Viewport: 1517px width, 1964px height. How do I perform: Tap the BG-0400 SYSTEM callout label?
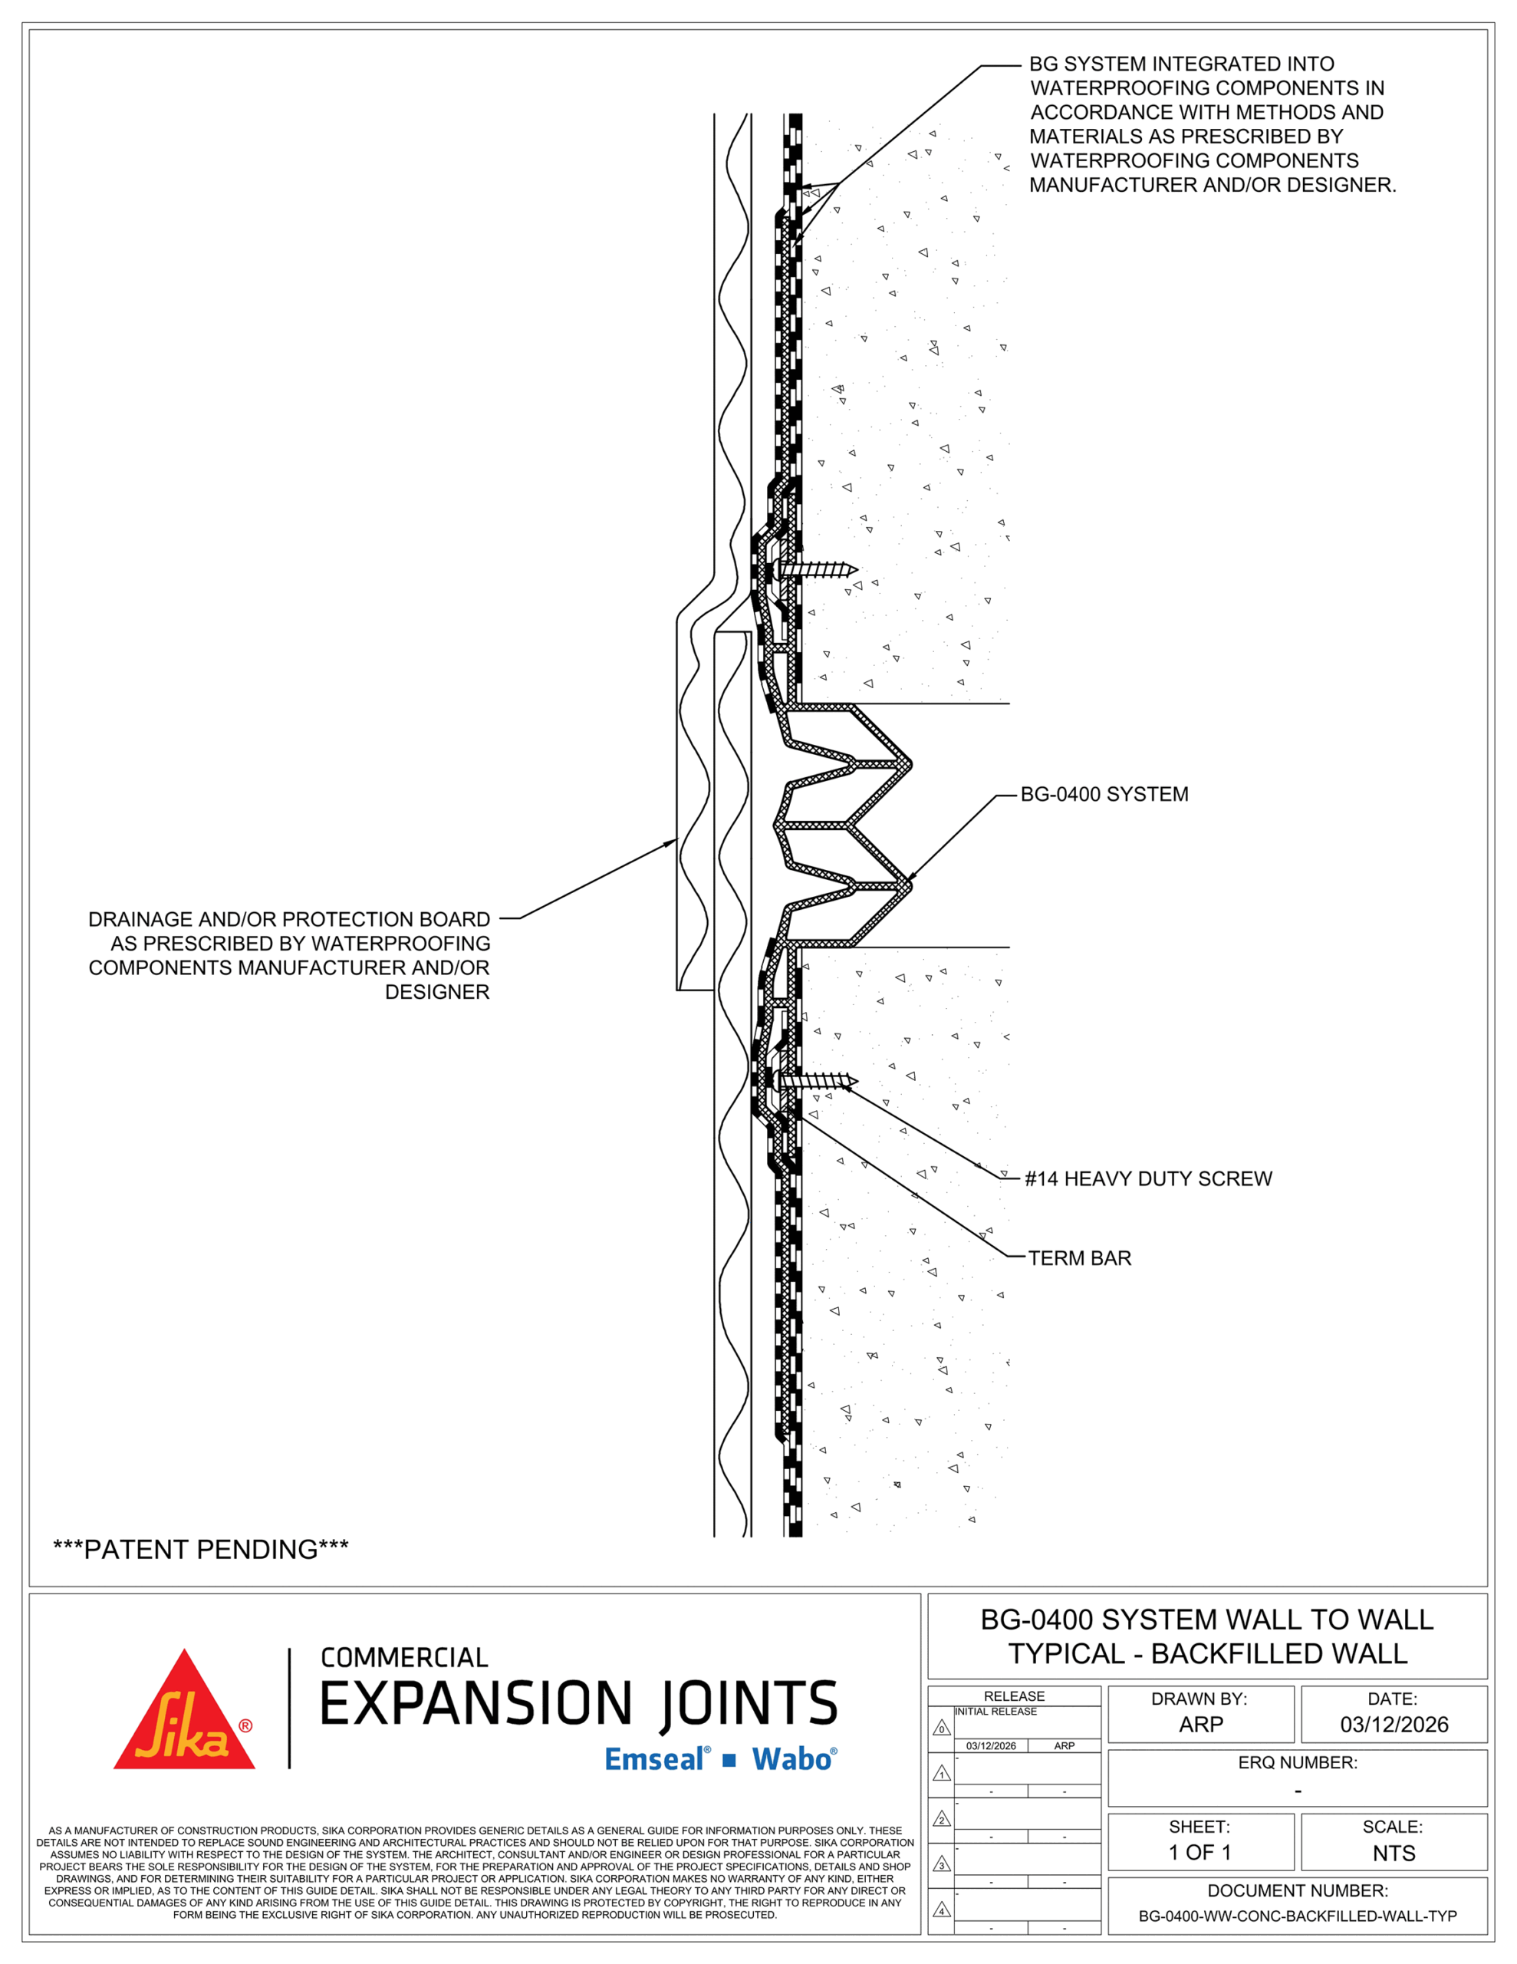[x=1104, y=794]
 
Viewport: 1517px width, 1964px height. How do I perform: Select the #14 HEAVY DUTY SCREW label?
[x=1148, y=1179]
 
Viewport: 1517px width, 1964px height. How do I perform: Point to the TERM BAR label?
[x=1079, y=1258]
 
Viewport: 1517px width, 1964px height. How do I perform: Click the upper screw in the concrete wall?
[x=818, y=569]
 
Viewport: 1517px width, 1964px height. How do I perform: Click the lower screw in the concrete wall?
[x=818, y=1081]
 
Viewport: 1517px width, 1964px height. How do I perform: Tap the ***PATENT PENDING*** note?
[x=200, y=1550]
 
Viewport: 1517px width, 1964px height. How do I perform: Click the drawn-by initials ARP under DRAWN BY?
[x=1200, y=1724]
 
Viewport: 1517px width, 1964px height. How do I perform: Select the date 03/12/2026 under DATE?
[x=1394, y=1724]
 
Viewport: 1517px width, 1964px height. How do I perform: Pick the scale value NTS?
[x=1394, y=1853]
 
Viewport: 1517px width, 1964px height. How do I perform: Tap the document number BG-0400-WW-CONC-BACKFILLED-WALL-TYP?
[x=1298, y=1916]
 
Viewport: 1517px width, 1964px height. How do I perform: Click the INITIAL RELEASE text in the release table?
[x=995, y=1712]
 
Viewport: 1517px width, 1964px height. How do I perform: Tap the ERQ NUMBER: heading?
[x=1298, y=1762]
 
